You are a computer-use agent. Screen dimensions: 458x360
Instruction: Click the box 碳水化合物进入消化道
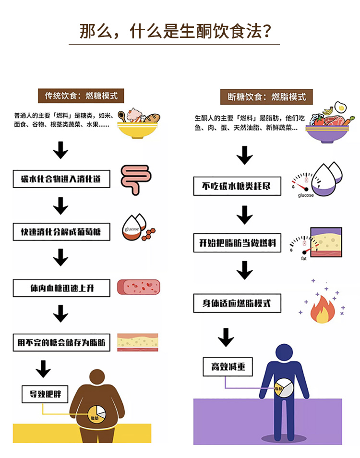(61, 179)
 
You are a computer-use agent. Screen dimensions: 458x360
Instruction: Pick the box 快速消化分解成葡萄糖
(61, 232)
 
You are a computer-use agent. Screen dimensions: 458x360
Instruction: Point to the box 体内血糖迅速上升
(61, 288)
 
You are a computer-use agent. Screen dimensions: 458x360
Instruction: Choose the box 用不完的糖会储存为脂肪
(61, 343)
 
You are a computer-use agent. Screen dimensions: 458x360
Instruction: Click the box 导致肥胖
(46, 395)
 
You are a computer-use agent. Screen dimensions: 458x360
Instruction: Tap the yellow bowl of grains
(138, 125)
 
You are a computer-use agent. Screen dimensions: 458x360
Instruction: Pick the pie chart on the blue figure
(284, 388)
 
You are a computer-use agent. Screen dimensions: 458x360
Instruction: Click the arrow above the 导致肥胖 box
(44, 369)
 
